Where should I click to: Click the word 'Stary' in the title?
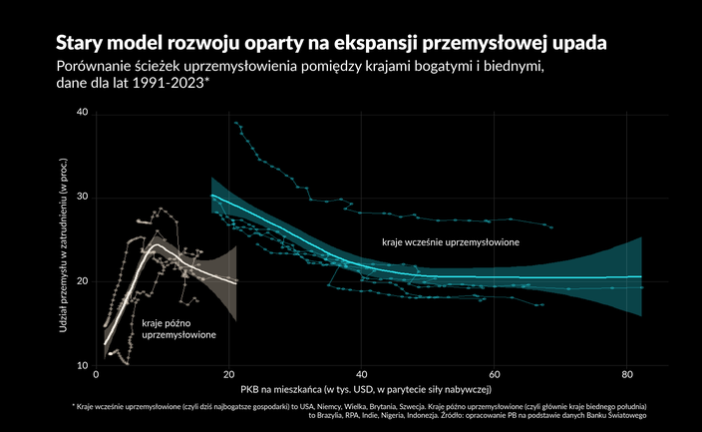pos(80,45)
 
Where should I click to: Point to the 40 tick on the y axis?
pos(82,113)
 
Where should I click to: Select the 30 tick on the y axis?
pos(82,198)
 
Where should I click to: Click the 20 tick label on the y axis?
pos(82,281)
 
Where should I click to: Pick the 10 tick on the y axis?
pos(82,366)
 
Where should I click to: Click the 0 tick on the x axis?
pos(96,375)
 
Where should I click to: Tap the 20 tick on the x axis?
pos(228,375)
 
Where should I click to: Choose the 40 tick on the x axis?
pos(361,375)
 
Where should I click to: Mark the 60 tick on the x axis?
pos(494,375)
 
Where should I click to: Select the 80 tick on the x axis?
pos(626,375)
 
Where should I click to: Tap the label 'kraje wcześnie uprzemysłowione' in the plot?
pos(452,242)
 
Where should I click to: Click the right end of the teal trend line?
pos(641,276)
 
